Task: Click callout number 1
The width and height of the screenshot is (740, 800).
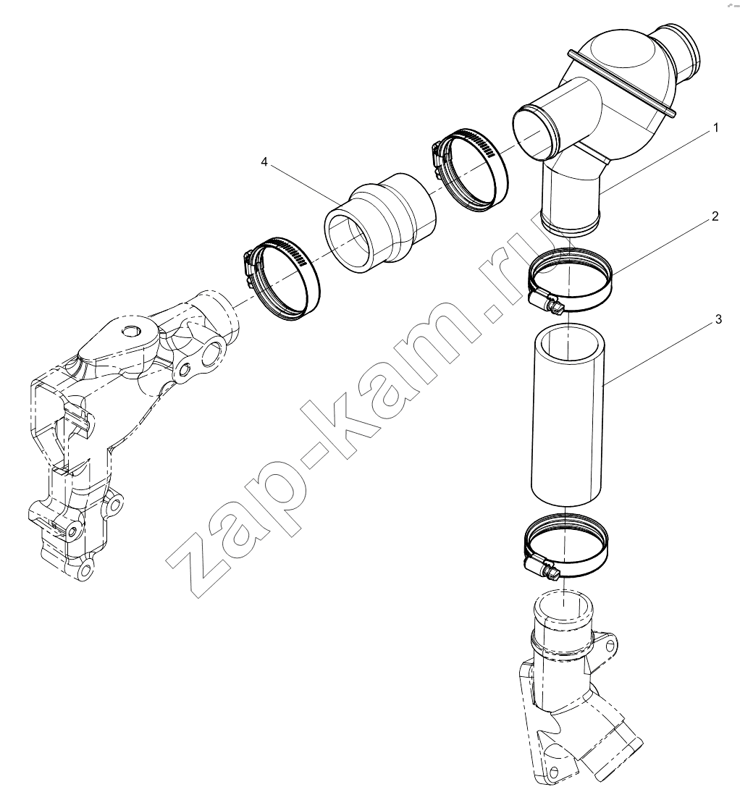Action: click(715, 128)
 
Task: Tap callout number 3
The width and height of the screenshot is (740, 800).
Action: click(718, 319)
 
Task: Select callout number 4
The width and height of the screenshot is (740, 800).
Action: click(264, 161)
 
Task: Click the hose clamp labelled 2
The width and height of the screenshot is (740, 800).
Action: click(570, 279)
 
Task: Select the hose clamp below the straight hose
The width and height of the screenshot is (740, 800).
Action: click(566, 545)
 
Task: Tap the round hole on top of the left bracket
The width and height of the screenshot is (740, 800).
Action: click(130, 331)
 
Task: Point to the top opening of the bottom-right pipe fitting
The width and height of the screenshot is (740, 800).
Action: click(563, 607)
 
